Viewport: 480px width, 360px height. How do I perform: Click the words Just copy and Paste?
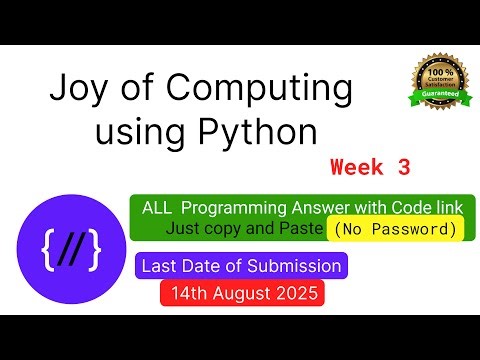pos(246,229)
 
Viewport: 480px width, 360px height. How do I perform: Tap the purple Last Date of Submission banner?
pos(240,266)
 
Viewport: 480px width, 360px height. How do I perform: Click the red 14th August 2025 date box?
pos(241,294)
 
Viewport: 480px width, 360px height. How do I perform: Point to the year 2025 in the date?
pos(296,294)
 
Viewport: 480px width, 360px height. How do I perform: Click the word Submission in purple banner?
pos(297,266)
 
